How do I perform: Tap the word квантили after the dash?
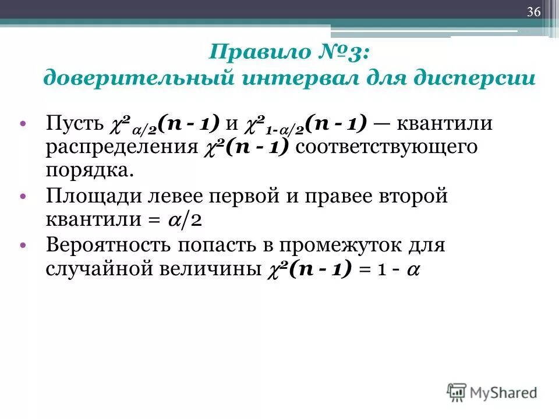tap(445, 123)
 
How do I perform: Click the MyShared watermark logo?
tap(492, 392)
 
